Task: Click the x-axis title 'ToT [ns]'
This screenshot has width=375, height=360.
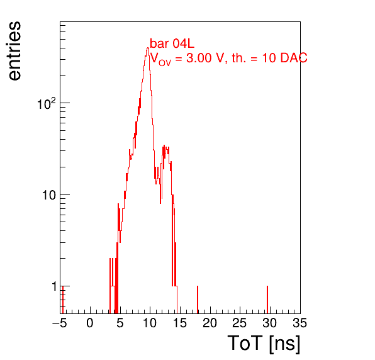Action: coord(264,344)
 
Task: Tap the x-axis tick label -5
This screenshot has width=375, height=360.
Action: coord(60,323)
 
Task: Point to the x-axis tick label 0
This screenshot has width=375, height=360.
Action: coord(90,323)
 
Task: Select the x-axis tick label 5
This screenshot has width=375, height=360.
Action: coord(120,323)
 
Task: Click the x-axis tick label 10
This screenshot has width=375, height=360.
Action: coord(150,323)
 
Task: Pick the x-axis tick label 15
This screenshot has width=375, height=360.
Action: coord(180,323)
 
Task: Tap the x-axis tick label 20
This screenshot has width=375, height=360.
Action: coord(210,323)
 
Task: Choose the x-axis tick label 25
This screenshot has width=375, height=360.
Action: coord(240,323)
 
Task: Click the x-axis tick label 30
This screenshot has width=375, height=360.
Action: coord(270,323)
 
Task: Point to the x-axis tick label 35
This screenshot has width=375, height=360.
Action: coord(299,323)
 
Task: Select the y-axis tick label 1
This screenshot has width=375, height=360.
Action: coord(55,286)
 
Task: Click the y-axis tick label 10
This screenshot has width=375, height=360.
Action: coord(50,195)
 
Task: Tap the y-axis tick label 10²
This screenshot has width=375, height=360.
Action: coord(46,104)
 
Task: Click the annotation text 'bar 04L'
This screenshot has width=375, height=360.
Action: coord(172,44)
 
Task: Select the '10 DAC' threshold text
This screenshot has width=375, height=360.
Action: coord(284,58)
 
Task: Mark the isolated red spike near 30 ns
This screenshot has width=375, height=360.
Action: coord(267,300)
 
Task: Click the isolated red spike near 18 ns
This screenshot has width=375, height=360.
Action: coord(198,300)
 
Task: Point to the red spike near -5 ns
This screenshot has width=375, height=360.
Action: coord(63,300)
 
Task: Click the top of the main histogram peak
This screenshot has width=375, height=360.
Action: coord(148,48)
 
